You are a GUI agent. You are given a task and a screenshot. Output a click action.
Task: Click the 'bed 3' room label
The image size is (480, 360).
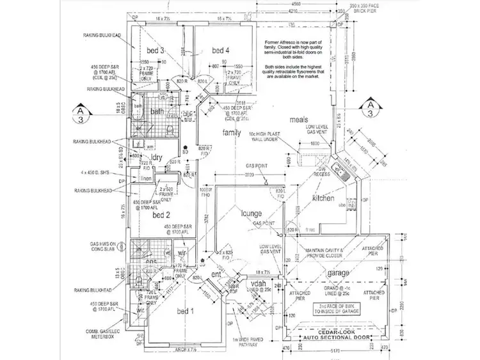156,51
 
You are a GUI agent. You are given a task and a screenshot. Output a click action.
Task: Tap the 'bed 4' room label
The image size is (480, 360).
221,51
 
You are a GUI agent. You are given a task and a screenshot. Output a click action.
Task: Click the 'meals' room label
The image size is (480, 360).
300,120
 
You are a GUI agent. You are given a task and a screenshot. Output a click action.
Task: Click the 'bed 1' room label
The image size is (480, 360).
184,311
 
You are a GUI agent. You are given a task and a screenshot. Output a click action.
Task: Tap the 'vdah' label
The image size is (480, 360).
258,283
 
